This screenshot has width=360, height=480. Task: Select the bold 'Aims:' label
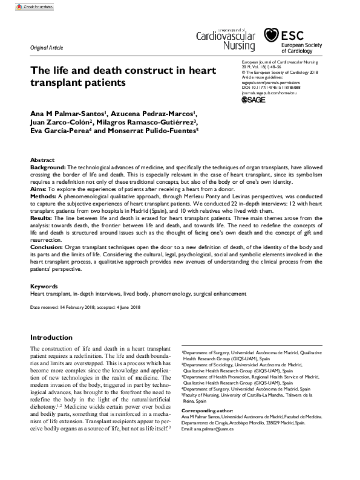pyautogui.click(x=38, y=189)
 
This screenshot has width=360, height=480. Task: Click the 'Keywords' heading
pyautogui.click(x=44, y=287)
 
